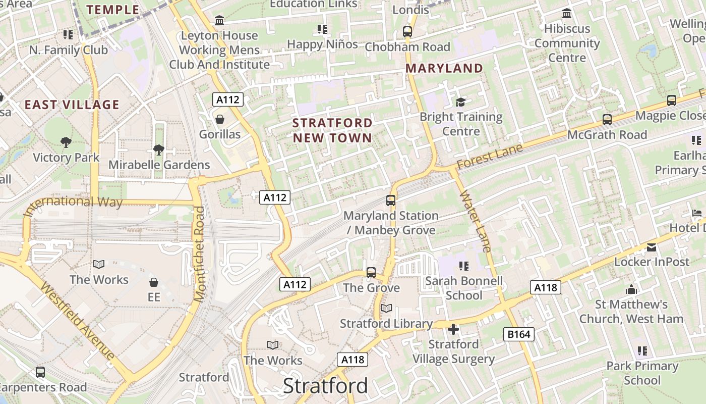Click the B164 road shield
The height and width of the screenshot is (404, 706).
518,334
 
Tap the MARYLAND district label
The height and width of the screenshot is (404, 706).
444,68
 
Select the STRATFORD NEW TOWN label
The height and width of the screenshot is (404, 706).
332,130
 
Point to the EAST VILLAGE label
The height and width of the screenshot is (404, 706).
72,105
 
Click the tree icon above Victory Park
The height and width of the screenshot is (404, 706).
66,142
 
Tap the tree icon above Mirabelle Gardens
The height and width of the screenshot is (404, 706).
159,150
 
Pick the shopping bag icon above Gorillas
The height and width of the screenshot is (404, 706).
220,120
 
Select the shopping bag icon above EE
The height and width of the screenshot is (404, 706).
154,282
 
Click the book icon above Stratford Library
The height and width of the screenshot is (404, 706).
386,308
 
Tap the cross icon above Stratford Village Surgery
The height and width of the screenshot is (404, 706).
453,329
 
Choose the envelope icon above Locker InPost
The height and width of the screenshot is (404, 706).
652,247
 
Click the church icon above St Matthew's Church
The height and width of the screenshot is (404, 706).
631,290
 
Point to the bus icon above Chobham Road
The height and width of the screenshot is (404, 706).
407,32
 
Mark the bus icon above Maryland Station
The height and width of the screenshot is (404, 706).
391,200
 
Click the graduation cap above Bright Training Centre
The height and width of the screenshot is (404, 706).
461,102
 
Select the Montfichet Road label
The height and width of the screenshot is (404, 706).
200,254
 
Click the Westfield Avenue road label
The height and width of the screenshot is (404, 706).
77,321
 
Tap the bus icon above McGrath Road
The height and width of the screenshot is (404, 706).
607,120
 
